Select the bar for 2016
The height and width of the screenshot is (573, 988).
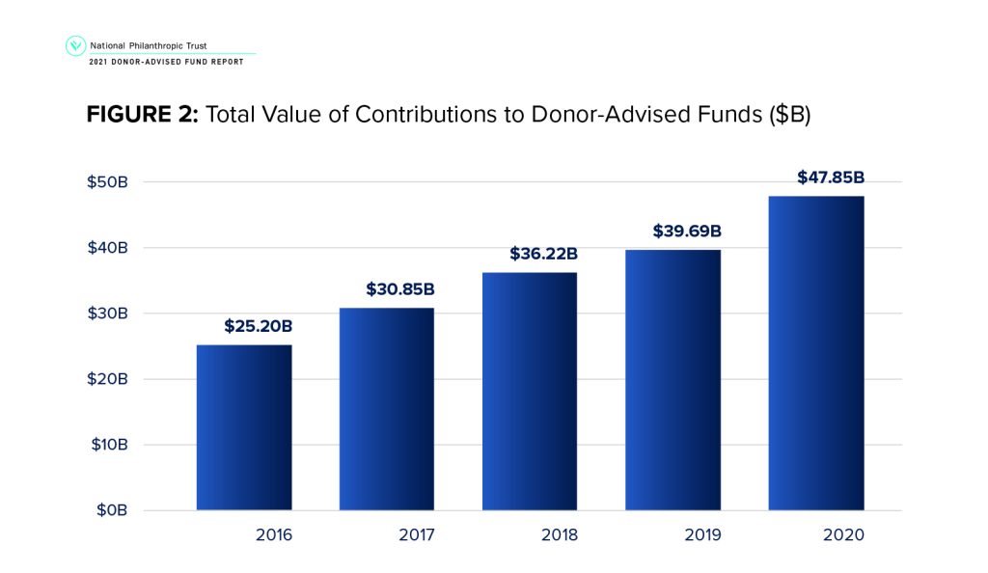244,427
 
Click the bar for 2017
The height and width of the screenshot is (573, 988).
387,409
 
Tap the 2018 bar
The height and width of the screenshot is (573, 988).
530,391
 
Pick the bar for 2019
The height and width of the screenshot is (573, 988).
672,379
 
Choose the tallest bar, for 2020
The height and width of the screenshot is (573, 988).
815,353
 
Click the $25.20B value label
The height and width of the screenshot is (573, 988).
258,326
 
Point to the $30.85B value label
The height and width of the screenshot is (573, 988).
400,288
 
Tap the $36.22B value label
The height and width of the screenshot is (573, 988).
543,254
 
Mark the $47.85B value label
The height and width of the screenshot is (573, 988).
830,177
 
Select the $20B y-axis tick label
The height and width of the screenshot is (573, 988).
108,379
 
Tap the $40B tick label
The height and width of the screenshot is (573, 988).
108,248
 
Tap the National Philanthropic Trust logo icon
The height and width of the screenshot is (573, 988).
74,45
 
